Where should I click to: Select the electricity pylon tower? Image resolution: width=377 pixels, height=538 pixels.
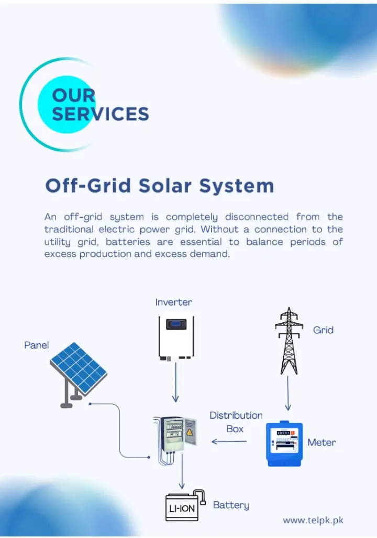click(x=289, y=341)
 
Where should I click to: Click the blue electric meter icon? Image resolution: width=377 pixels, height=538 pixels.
click(x=284, y=444)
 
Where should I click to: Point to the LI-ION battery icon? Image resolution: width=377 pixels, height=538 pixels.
click(x=185, y=506)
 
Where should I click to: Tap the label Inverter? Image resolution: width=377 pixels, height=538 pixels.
click(x=174, y=302)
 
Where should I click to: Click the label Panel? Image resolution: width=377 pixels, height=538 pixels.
click(x=37, y=345)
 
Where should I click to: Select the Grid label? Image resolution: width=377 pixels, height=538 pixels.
click(x=323, y=330)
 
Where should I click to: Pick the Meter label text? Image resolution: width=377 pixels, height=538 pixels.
click(x=321, y=442)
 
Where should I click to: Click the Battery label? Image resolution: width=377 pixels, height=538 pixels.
click(x=231, y=505)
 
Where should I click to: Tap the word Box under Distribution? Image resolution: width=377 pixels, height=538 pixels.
click(x=235, y=429)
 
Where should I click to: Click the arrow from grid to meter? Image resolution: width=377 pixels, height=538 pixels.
click(x=288, y=393)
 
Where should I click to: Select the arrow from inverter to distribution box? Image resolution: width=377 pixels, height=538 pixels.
click(x=175, y=382)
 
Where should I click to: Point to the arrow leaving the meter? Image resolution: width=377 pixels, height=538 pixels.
click(x=229, y=441)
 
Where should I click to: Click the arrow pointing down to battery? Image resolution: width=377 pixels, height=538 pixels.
click(x=182, y=471)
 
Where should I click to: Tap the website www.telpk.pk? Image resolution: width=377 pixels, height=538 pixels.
click(x=313, y=521)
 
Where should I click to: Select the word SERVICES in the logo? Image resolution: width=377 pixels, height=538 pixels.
click(x=101, y=114)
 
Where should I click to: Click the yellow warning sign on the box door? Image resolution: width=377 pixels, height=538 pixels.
click(x=189, y=432)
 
